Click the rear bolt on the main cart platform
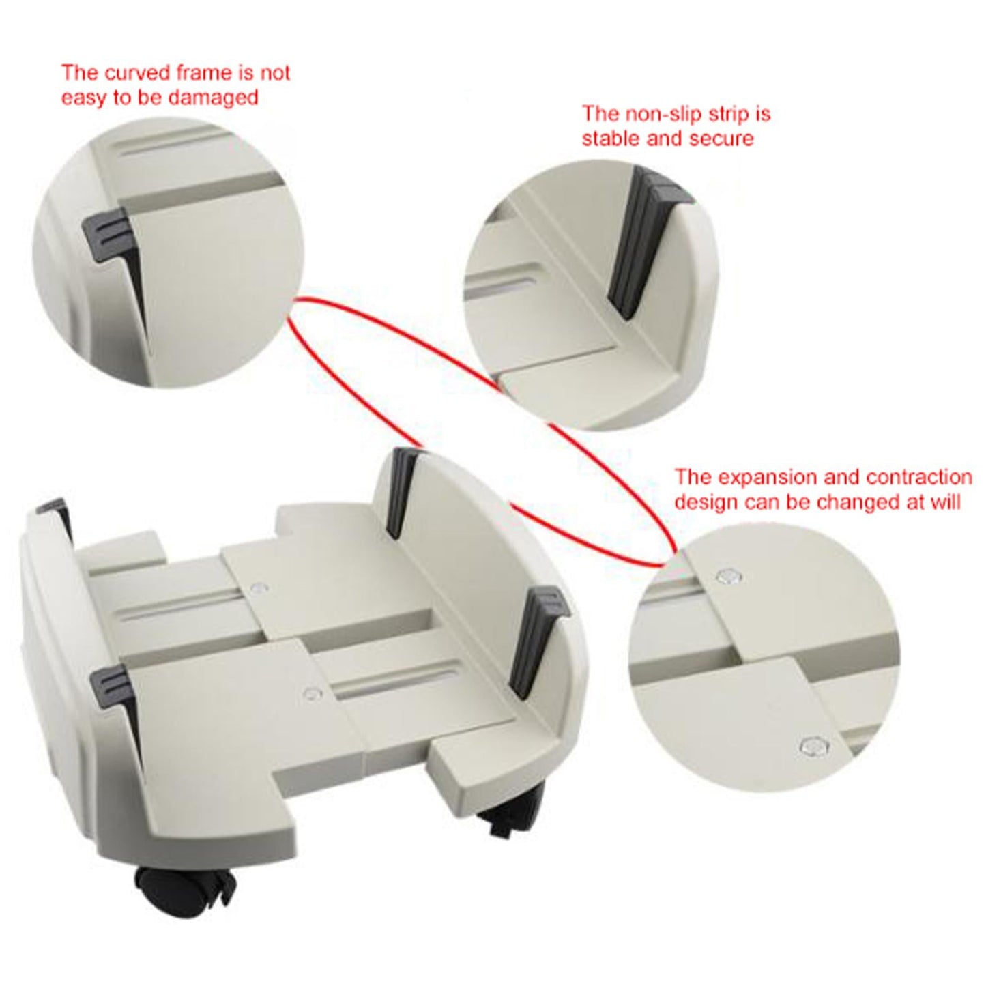tap(258, 587)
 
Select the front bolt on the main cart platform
tap(313, 694)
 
